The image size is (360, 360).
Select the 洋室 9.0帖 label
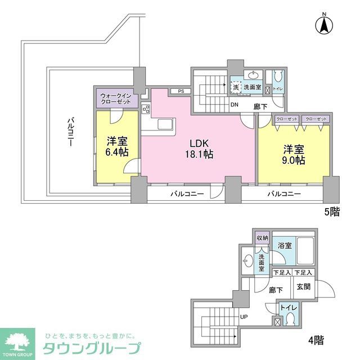tap(294, 155)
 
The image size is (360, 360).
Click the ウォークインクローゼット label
tap(116, 99)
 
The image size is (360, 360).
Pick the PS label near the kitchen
tap(181, 91)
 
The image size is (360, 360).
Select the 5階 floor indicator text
tap(331, 213)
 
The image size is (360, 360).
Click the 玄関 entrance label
tap(304, 286)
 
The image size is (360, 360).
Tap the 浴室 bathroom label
tap(285, 245)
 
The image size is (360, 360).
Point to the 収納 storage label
tap(262, 237)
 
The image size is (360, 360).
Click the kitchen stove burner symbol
tap(146, 109)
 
